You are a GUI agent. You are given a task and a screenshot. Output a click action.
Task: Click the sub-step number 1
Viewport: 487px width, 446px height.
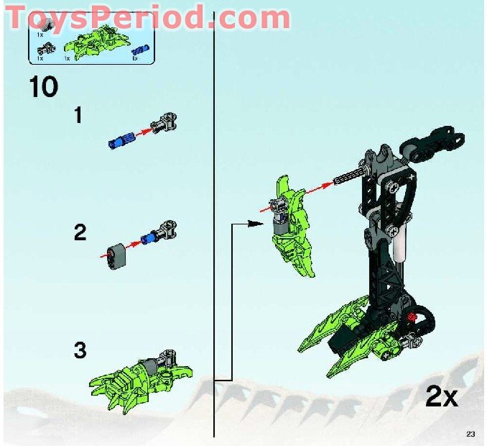(79, 115)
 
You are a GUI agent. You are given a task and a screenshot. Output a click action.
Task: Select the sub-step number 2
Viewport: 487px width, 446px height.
(80, 232)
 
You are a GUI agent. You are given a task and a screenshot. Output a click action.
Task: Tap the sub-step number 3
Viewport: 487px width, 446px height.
(80, 350)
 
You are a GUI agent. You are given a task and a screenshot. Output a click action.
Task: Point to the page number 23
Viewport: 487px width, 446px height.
(470, 433)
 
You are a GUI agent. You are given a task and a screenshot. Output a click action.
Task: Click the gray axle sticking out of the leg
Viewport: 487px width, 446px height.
(349, 177)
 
